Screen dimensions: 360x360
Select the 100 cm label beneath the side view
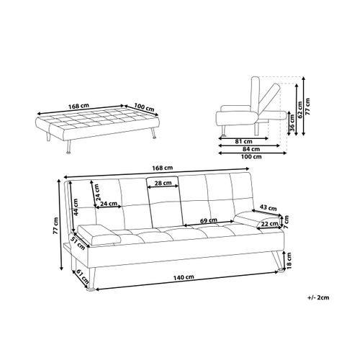pos(251,156)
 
